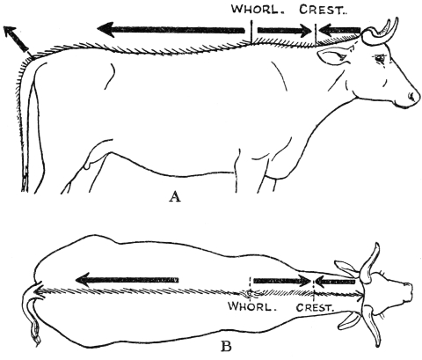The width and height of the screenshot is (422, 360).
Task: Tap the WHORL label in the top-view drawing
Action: point(253,306)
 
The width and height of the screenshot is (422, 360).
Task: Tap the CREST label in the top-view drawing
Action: point(315,307)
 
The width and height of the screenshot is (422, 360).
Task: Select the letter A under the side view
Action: point(175,196)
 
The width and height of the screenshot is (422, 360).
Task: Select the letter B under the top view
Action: point(226,347)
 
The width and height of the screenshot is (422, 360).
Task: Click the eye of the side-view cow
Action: point(380,59)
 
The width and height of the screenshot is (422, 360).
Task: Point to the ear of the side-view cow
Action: point(332,57)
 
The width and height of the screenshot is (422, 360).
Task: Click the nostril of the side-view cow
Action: point(412,96)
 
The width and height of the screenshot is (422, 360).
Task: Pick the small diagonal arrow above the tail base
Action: point(15,39)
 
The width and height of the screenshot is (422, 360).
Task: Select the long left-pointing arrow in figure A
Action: point(171,30)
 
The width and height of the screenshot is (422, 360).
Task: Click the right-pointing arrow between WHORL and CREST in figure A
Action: point(284,30)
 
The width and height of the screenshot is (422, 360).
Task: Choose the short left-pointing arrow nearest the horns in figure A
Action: point(339,30)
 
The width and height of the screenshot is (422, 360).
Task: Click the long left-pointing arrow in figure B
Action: point(127,280)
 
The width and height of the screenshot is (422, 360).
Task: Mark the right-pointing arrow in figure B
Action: point(281,281)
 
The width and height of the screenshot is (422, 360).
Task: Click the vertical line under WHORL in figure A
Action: point(251,31)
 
